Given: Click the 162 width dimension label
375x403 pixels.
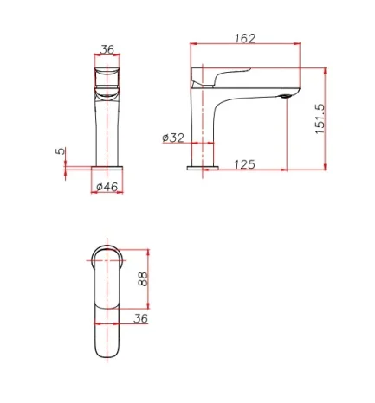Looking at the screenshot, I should click(x=244, y=39).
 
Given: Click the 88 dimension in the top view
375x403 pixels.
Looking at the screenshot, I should click(x=143, y=278).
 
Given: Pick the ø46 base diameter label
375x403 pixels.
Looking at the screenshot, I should click(x=107, y=186).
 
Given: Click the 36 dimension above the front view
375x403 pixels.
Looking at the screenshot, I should click(x=107, y=50).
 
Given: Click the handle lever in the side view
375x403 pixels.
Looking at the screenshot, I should click(x=230, y=76).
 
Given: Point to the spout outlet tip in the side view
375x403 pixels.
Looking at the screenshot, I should click(x=282, y=97).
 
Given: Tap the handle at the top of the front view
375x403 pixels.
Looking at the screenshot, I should click(x=107, y=74).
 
